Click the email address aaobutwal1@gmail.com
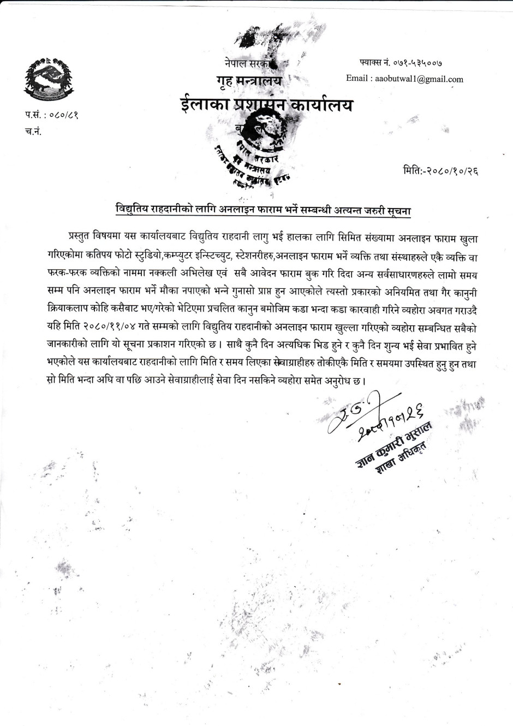pos(417,79)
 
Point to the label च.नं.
pos(33,132)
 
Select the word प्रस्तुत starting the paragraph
pos(81,239)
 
